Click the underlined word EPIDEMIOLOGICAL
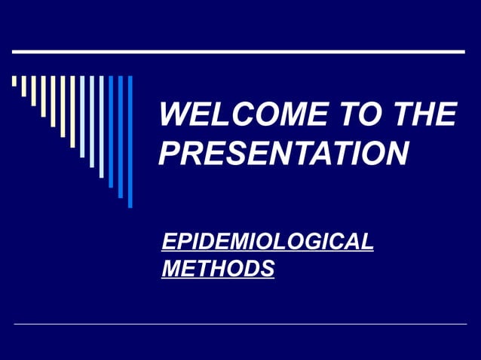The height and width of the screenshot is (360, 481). click(268, 243)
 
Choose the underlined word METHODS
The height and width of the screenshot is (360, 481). click(217, 267)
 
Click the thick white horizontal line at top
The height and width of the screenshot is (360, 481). click(238, 52)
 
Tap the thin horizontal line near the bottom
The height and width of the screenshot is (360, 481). click(240, 324)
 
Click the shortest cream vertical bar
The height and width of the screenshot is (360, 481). click(14, 81)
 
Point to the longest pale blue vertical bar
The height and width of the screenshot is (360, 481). click(101, 127)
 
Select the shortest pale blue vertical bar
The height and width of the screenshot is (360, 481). click(82, 117)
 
